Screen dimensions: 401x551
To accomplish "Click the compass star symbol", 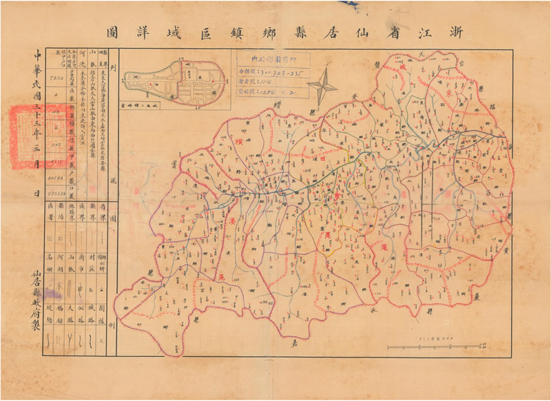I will [x=322, y=88].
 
